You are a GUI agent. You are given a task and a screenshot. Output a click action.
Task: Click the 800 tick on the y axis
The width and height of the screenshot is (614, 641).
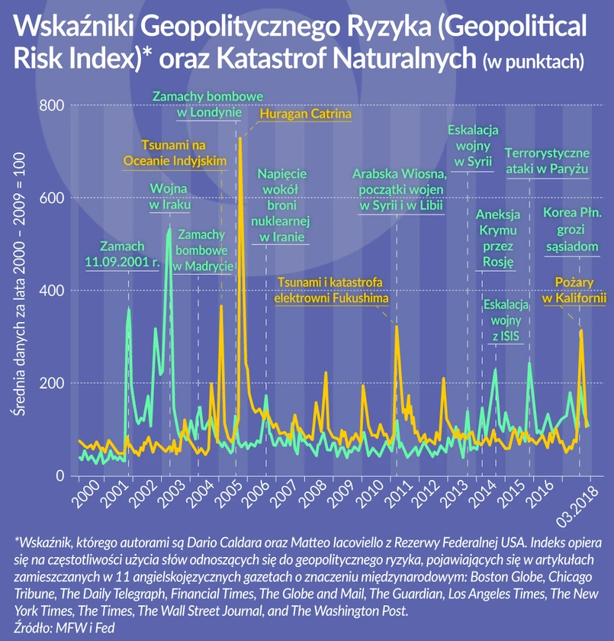click(x=51, y=105)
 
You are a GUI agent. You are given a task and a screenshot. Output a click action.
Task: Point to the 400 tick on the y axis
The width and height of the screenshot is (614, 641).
click(x=51, y=291)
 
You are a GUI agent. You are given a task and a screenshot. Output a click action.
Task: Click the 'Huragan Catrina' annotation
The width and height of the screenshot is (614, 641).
click(x=304, y=115)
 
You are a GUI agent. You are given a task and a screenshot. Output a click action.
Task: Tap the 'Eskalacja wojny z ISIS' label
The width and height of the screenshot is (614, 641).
click(x=507, y=320)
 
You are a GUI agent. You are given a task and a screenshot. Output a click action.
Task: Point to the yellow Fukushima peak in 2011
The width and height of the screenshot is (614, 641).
click(x=397, y=327)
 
